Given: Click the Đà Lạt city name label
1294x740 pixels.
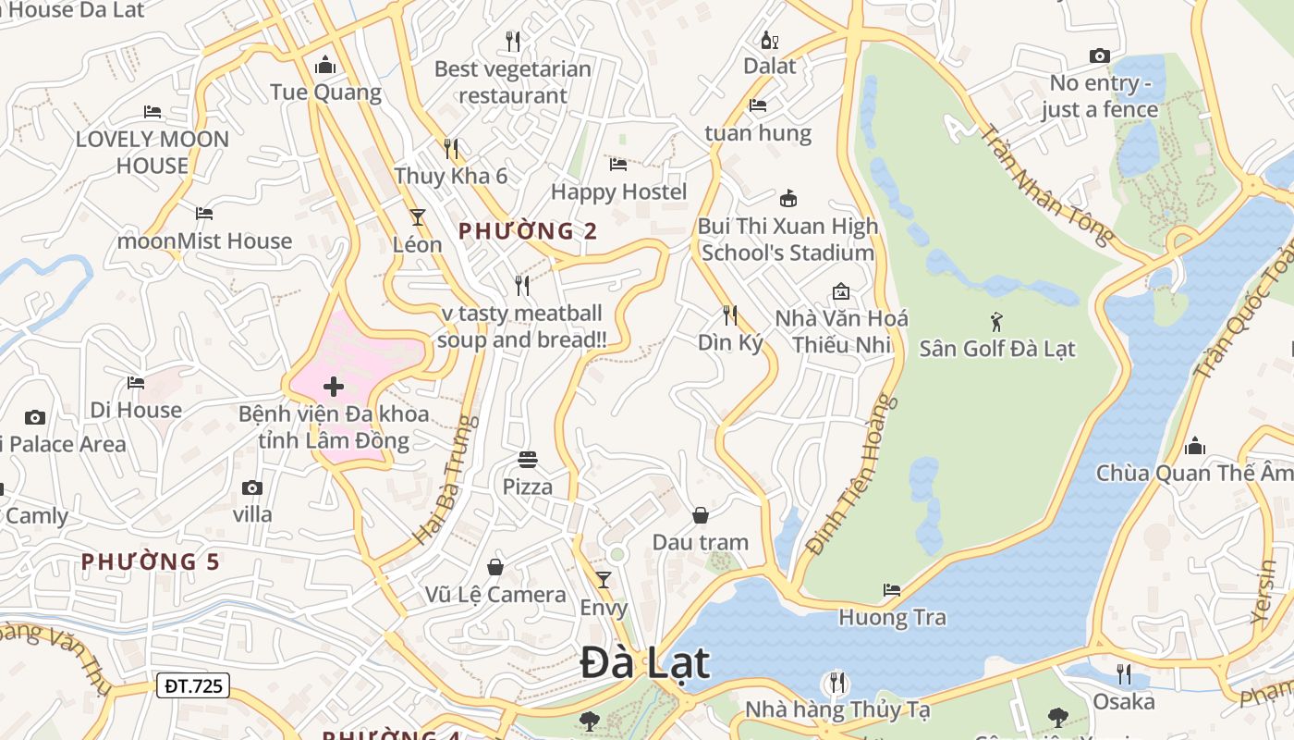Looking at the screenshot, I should click(x=645, y=663).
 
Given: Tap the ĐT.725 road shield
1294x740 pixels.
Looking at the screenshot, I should click(x=192, y=685).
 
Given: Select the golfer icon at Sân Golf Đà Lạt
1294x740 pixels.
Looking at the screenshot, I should click(x=996, y=322).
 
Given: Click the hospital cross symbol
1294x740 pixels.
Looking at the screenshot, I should click(x=334, y=386).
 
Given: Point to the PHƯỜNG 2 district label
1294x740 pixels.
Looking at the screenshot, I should click(x=528, y=231).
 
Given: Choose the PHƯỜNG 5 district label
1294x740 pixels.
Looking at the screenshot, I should click(x=151, y=561).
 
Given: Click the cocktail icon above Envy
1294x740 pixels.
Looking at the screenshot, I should click(x=604, y=580).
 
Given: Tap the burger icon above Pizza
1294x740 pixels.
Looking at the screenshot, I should click(x=528, y=459).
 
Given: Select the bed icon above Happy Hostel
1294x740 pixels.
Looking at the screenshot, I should click(x=618, y=165).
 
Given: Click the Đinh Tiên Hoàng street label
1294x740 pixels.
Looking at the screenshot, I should click(x=851, y=475).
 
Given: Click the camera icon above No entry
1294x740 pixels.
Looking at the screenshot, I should click(x=1099, y=55).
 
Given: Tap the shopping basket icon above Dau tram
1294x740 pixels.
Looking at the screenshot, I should click(x=701, y=514).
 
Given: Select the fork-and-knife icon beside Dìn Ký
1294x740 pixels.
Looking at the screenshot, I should click(x=730, y=315).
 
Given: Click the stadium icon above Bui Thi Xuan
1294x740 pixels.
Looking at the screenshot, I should click(x=787, y=198).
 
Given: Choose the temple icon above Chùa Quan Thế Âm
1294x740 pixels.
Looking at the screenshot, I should click(x=1195, y=446).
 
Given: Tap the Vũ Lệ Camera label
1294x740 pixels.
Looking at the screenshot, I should click(x=495, y=595).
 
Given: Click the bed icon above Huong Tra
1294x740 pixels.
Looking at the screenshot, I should click(x=892, y=589).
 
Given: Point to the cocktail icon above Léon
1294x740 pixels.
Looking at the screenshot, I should click(x=418, y=217).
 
